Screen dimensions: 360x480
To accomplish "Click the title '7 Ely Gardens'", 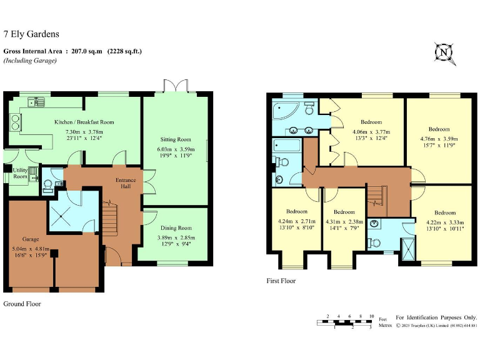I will pos(31,35).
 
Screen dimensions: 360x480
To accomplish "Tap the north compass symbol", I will pos(444,53).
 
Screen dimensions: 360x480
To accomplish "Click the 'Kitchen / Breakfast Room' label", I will pos(84,122).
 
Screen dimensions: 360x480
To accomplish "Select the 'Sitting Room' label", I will pos(174,139).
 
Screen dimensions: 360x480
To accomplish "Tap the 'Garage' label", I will pos(31,239).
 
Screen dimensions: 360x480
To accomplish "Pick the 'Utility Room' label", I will pos(20,173).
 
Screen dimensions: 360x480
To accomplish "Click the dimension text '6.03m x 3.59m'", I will pos(174,149).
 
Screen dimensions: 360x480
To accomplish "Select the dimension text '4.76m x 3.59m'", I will pos(438,139).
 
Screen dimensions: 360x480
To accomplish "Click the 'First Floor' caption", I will pos(281,281).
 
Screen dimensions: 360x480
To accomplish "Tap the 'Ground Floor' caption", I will pos(22,304).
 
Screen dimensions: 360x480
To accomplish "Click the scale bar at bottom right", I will pos(344,322).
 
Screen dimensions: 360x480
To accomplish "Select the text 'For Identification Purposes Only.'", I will pos(436,317).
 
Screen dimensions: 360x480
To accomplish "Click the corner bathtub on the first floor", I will pos(286,112).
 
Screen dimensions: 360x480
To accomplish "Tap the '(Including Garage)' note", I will pos(29,61).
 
